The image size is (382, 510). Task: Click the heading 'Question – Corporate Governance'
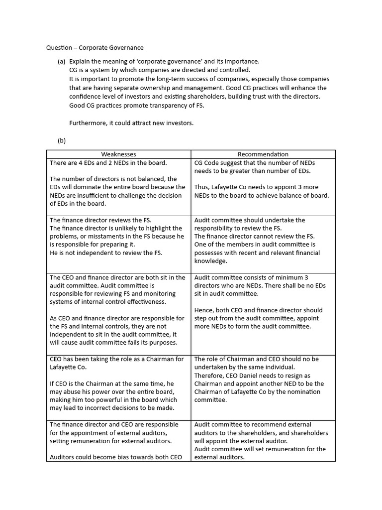[95, 48]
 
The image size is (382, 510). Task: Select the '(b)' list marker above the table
[62, 140]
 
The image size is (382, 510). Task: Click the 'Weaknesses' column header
[118, 154]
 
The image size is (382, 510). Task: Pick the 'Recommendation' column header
[263, 154]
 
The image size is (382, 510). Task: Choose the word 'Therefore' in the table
[209, 376]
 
